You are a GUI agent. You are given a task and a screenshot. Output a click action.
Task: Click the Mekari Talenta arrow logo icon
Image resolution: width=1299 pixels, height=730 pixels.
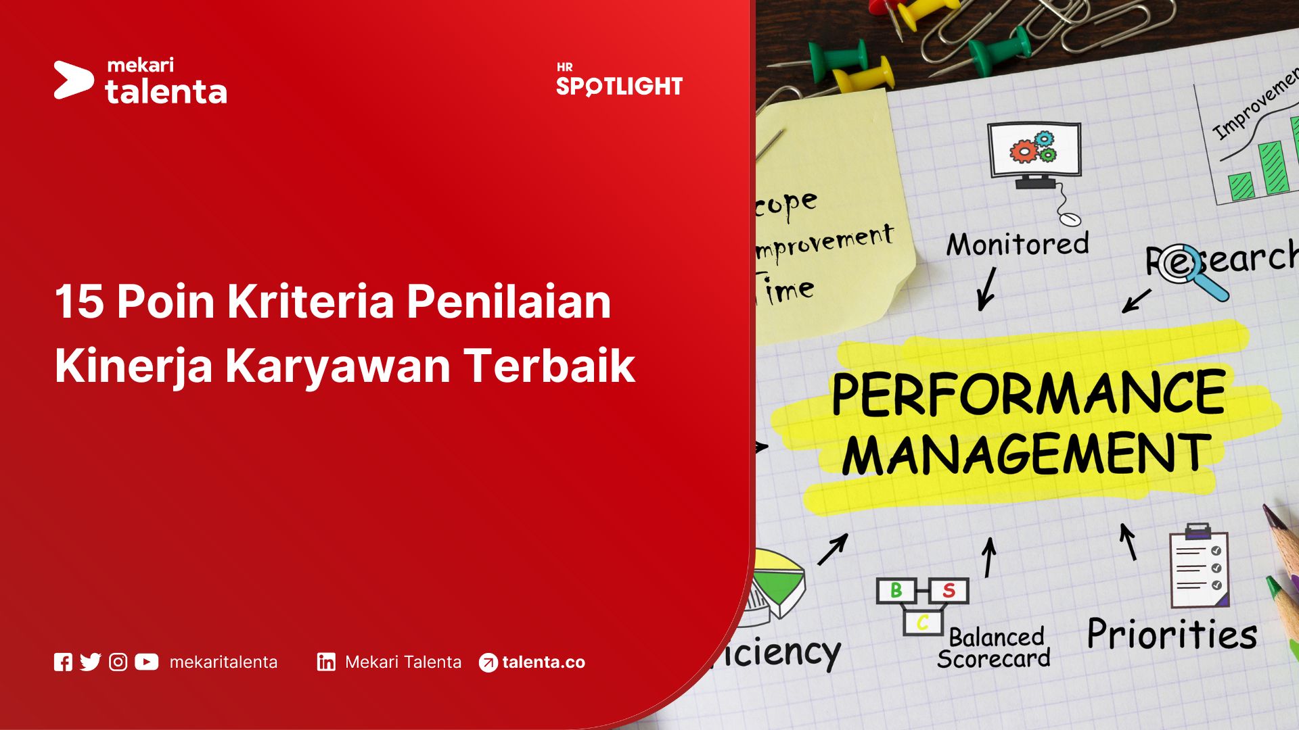pos(73,80)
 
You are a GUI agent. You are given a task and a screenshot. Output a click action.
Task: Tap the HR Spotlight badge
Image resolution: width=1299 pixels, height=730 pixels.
pos(619,80)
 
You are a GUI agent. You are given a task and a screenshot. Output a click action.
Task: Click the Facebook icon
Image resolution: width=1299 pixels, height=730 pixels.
pos(63,662)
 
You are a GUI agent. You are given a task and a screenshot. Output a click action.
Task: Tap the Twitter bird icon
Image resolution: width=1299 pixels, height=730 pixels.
pos(90,662)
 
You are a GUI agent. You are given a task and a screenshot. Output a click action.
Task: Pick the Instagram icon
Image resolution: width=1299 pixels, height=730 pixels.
pos(118,662)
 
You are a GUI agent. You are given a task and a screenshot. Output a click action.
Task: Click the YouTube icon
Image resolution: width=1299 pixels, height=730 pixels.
pos(146,662)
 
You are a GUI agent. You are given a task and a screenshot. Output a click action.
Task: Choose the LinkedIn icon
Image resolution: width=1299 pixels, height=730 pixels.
pos(326,662)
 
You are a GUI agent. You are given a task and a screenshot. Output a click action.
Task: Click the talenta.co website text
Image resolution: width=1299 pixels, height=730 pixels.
pos(543,662)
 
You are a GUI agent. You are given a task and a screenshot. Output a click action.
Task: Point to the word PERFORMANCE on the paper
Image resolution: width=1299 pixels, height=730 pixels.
pos(1028,393)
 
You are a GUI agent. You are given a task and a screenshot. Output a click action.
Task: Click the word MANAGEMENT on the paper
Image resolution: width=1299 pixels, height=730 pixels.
pos(1026,454)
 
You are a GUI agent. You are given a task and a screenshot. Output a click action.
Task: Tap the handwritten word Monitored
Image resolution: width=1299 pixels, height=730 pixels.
pos(1018,244)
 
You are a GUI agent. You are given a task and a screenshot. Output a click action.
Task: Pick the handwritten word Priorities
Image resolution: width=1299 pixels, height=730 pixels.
pos(1172,635)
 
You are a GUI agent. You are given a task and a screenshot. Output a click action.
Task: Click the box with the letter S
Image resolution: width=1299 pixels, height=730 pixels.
pos(949,591)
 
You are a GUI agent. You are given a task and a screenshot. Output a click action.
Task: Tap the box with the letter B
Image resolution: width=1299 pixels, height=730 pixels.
pos(896,591)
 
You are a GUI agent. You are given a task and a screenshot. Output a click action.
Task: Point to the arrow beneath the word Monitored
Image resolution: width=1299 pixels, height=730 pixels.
pos(987,289)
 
